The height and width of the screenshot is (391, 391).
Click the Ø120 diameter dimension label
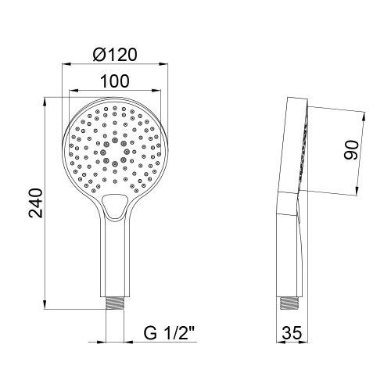coord(115,56)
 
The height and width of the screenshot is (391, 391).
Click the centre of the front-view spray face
coord(114,145)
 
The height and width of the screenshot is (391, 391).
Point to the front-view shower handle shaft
coord(114,258)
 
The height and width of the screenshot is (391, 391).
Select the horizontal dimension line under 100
coord(114,91)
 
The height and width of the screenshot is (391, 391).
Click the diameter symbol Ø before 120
coord(97,56)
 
